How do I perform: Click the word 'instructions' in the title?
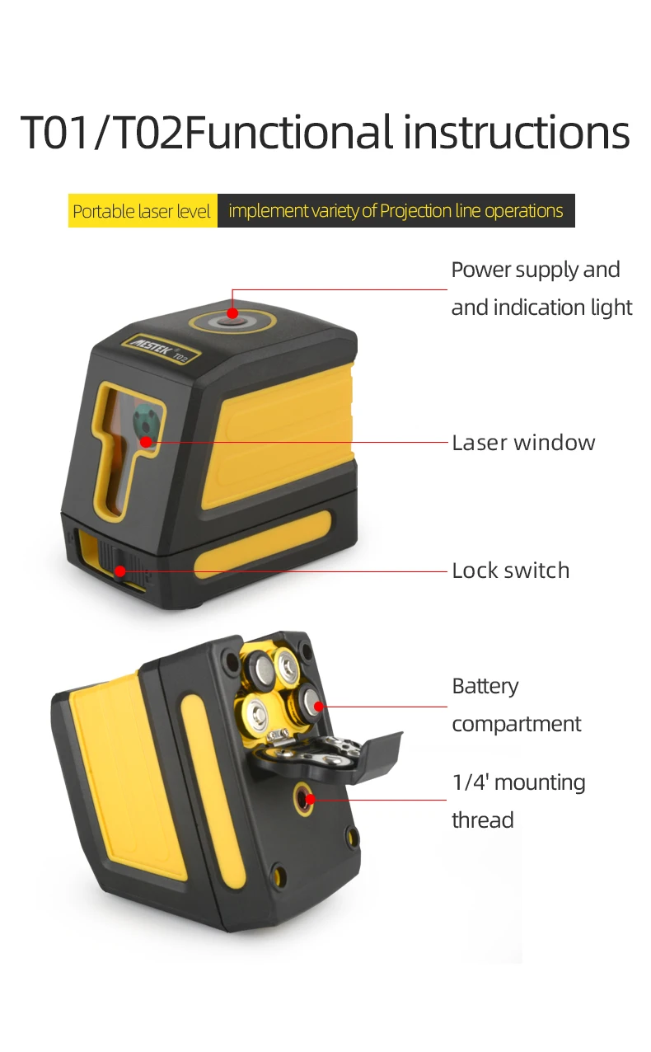(516, 132)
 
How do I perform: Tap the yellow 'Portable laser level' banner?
(142, 211)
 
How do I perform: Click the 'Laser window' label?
(523, 443)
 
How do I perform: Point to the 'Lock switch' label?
(510, 571)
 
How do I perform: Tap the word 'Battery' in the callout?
(485, 686)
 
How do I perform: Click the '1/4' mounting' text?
(518, 782)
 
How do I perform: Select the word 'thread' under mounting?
(482, 820)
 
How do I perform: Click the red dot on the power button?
(232, 313)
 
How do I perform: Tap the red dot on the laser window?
(146, 442)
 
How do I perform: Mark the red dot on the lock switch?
(120, 571)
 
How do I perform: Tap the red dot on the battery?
(318, 707)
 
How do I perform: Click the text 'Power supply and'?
(535, 270)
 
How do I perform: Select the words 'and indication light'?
(541, 308)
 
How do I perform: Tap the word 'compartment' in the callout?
(516, 724)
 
